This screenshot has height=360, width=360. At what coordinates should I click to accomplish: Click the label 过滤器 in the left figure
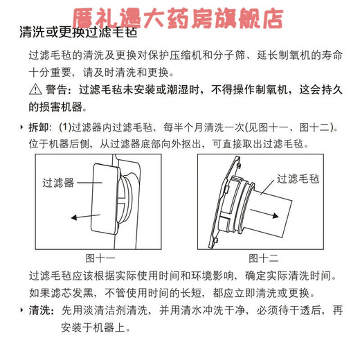[x=58, y=183]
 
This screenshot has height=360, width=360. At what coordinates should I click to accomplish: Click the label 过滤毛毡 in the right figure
[x=299, y=179]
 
